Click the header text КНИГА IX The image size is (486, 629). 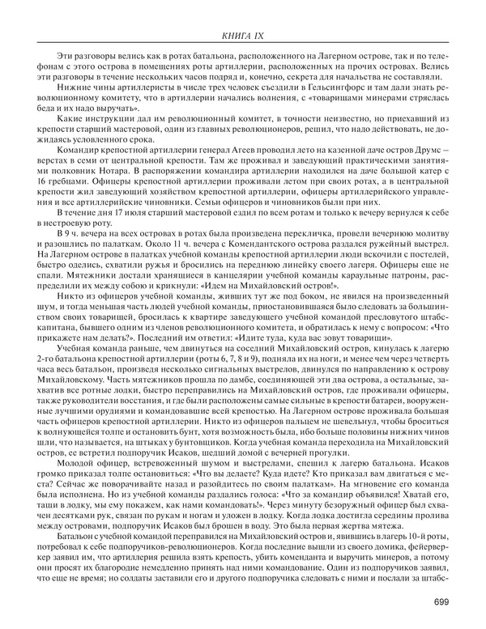tap(242, 34)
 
